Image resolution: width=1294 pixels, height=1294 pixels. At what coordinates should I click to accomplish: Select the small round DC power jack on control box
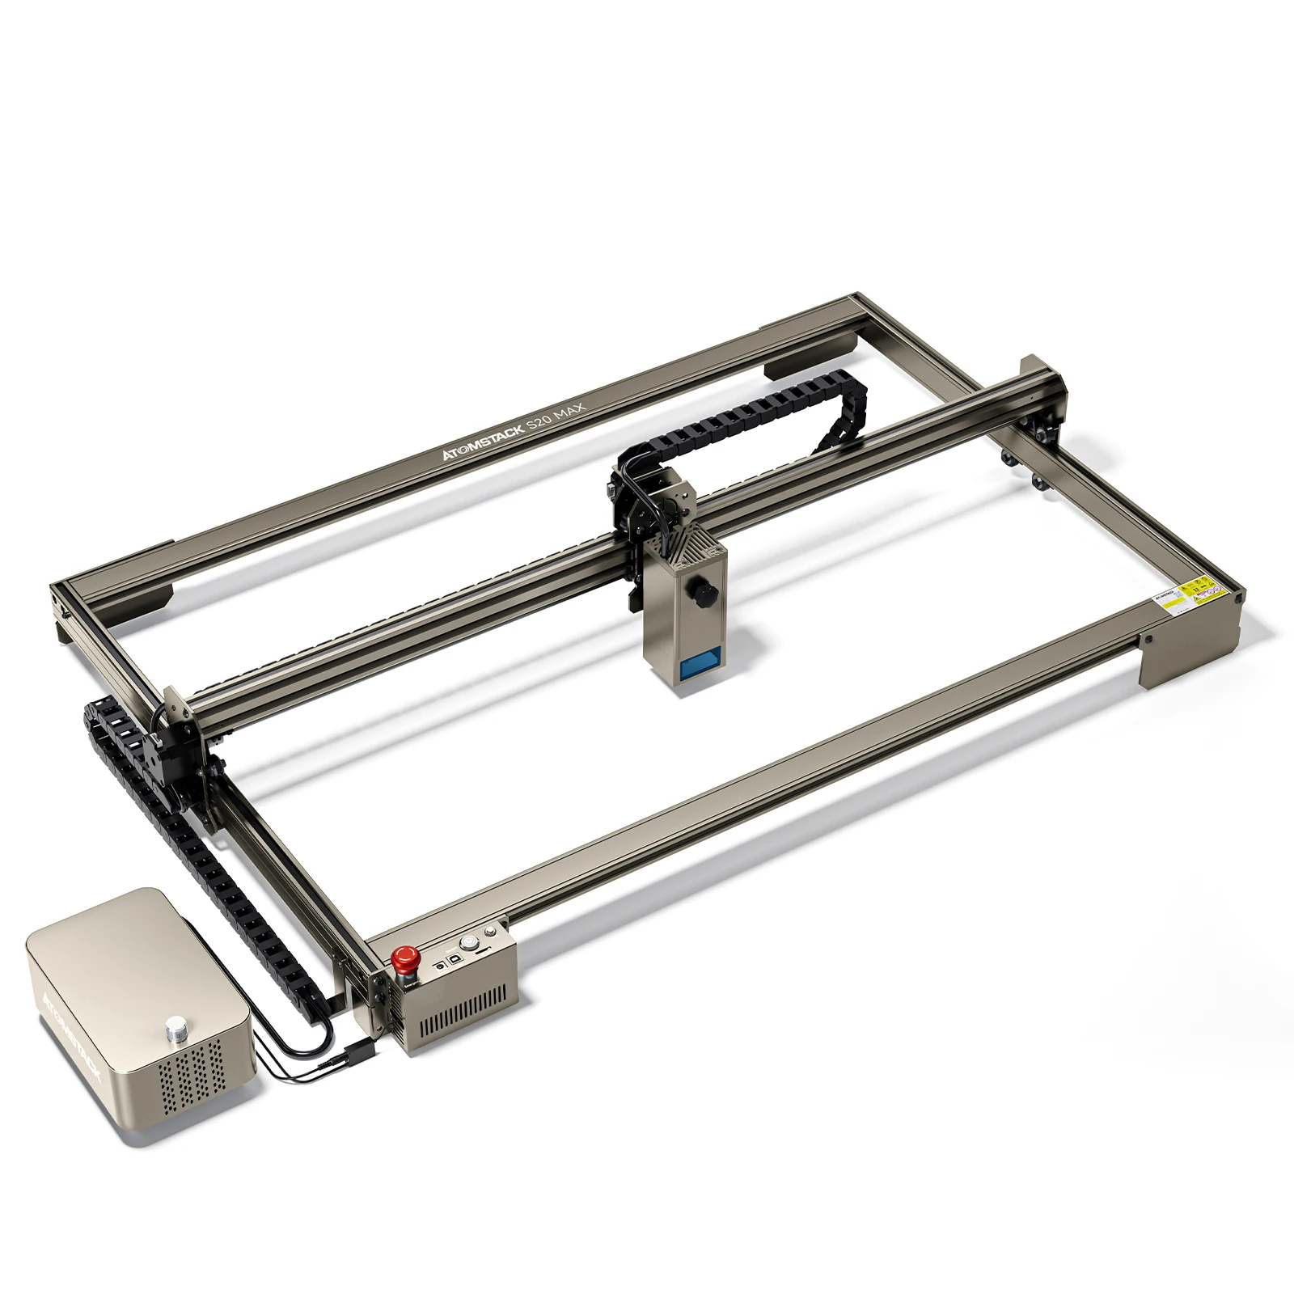439,966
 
